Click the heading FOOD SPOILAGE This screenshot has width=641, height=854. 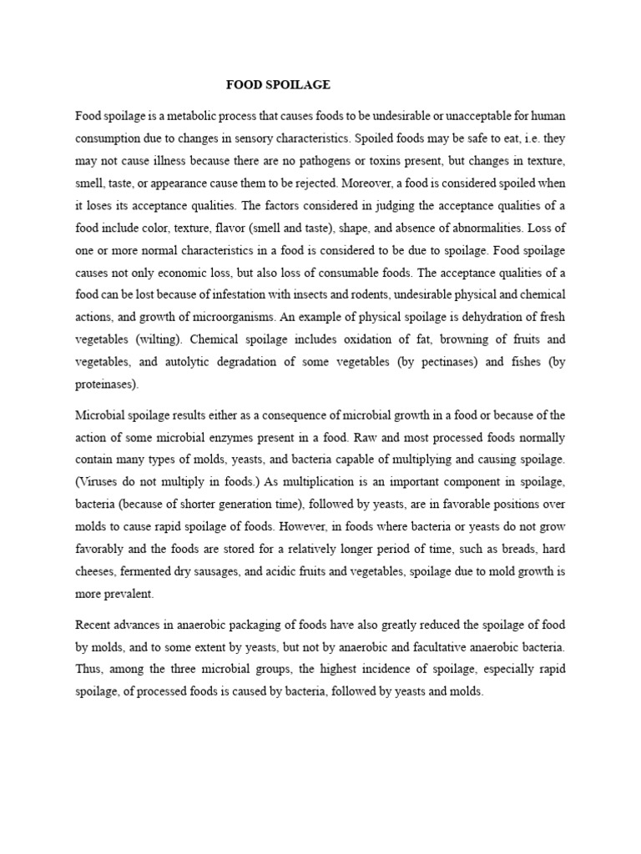point(279,85)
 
